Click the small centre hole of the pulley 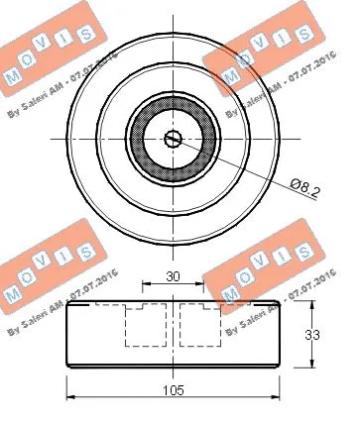point(173,139)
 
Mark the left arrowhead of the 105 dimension point(70,398)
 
